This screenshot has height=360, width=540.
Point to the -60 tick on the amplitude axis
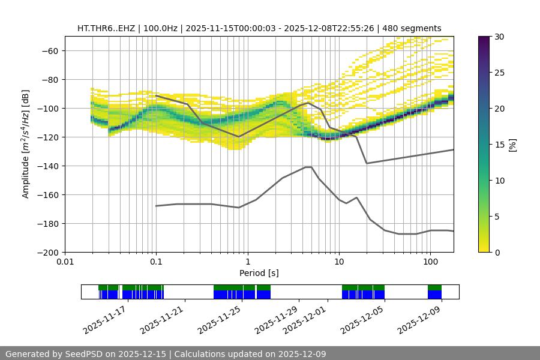point(50,50)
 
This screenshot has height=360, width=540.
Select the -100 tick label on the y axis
point(47,108)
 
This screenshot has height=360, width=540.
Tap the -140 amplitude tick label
point(47,166)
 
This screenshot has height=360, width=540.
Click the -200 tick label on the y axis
point(47,252)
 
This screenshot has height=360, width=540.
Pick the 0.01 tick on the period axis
point(65,262)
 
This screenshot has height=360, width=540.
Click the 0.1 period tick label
point(156,262)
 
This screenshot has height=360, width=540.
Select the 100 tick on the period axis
point(430,262)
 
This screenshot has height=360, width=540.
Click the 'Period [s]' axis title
point(259,273)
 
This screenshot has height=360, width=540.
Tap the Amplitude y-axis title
point(26,144)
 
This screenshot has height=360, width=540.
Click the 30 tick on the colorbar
point(499,37)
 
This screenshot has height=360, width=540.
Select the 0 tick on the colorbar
point(496,252)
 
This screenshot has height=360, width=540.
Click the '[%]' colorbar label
point(512,144)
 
